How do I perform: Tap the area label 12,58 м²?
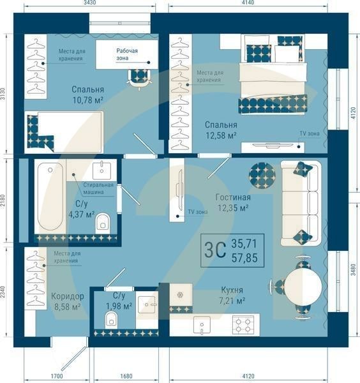click(x=221, y=135)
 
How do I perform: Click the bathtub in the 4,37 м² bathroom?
click(x=50, y=197)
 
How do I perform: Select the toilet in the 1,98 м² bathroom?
click(x=111, y=319)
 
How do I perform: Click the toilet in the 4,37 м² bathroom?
click(x=103, y=223)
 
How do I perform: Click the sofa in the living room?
click(x=300, y=203)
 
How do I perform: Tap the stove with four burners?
click(x=243, y=325)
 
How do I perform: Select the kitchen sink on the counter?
click(x=203, y=327)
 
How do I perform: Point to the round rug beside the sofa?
click(x=262, y=172)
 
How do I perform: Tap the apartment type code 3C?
click(x=215, y=250)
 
